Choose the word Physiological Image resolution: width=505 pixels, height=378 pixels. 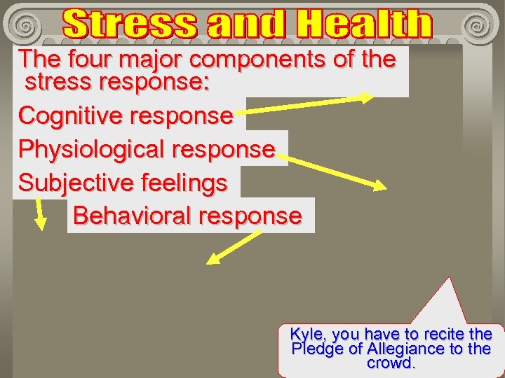coord(92,149)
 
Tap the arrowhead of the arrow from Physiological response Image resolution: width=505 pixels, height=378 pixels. coord(378,186)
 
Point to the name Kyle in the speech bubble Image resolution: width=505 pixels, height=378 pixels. coord(307,334)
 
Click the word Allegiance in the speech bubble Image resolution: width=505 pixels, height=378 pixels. coord(405,349)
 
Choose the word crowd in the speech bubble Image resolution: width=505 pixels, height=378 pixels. coord(391,363)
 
